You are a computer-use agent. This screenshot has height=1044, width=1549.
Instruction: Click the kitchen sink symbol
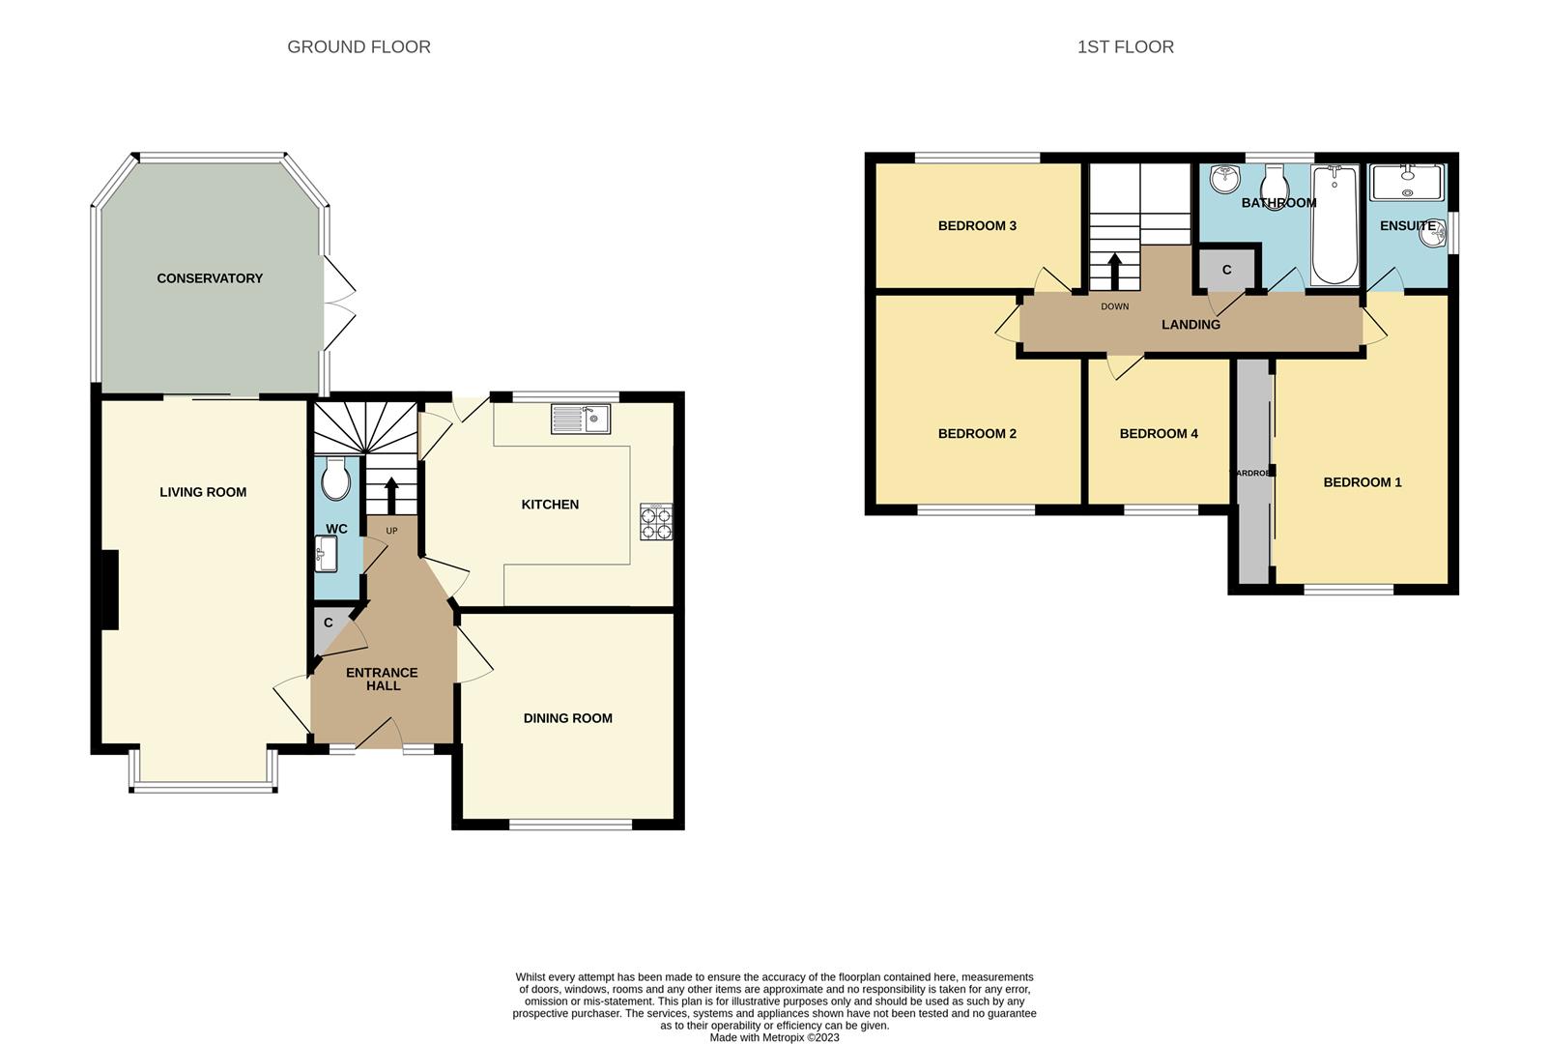581,419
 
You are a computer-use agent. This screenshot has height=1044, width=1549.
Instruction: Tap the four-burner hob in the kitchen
656,522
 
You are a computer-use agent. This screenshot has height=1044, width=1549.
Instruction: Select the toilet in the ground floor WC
335,478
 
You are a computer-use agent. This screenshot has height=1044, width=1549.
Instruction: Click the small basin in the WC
326,555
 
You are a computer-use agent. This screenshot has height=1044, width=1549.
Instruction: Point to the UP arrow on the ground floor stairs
391,495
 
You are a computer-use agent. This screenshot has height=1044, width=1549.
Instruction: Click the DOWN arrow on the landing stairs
1114,271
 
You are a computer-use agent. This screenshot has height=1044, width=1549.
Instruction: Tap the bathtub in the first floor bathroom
1334,224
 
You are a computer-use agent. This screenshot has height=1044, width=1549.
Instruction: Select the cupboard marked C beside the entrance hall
327,630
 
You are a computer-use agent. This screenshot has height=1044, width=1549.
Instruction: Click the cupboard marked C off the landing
1226,269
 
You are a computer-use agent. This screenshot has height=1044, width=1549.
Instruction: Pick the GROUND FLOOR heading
359,46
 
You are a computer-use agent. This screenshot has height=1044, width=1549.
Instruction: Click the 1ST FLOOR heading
1125,46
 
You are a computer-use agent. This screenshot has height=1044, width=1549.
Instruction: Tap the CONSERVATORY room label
210,278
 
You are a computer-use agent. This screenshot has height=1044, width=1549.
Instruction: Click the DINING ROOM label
567,718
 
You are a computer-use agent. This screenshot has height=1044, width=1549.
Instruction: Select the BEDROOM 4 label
1158,434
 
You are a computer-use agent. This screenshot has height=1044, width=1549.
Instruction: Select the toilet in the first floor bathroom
1275,185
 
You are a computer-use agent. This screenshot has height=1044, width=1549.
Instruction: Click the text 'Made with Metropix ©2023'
774,1037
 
